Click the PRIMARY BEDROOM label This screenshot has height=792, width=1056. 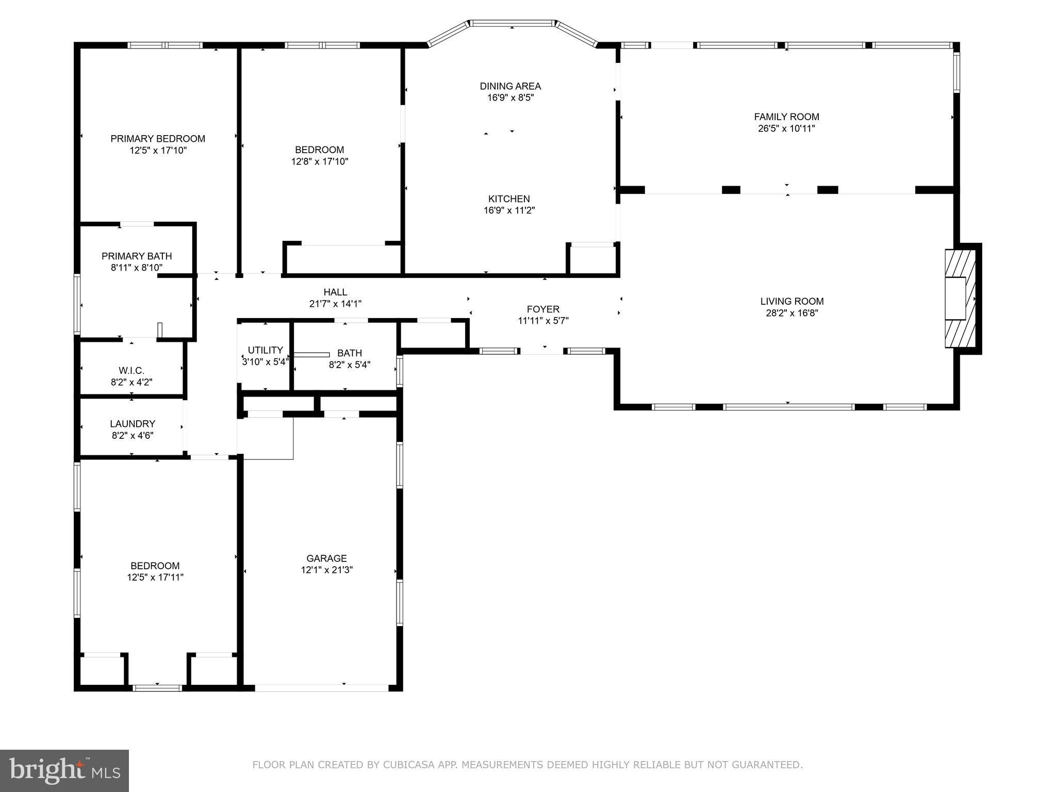158,139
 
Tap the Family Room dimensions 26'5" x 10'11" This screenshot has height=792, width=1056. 786,129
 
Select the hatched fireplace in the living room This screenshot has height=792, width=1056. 960,299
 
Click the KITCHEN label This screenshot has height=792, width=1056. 509,199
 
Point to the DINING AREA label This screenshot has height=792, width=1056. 510,86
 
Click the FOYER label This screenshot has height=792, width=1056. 543,309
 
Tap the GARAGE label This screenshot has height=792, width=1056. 326,558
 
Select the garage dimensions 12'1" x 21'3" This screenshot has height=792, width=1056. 326,570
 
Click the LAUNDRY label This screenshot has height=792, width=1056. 133,424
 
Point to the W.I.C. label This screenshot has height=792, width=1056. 131,371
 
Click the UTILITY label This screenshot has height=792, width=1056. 265,350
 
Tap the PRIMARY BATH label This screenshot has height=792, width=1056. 137,256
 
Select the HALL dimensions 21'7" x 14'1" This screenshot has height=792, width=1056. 335,304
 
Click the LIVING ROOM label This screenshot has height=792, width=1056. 792,301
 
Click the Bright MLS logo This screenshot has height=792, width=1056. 64,771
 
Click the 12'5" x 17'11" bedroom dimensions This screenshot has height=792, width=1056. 155,577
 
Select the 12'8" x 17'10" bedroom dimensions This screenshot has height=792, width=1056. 320,162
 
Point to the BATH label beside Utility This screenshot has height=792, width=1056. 350,353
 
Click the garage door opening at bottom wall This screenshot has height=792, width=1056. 322,688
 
